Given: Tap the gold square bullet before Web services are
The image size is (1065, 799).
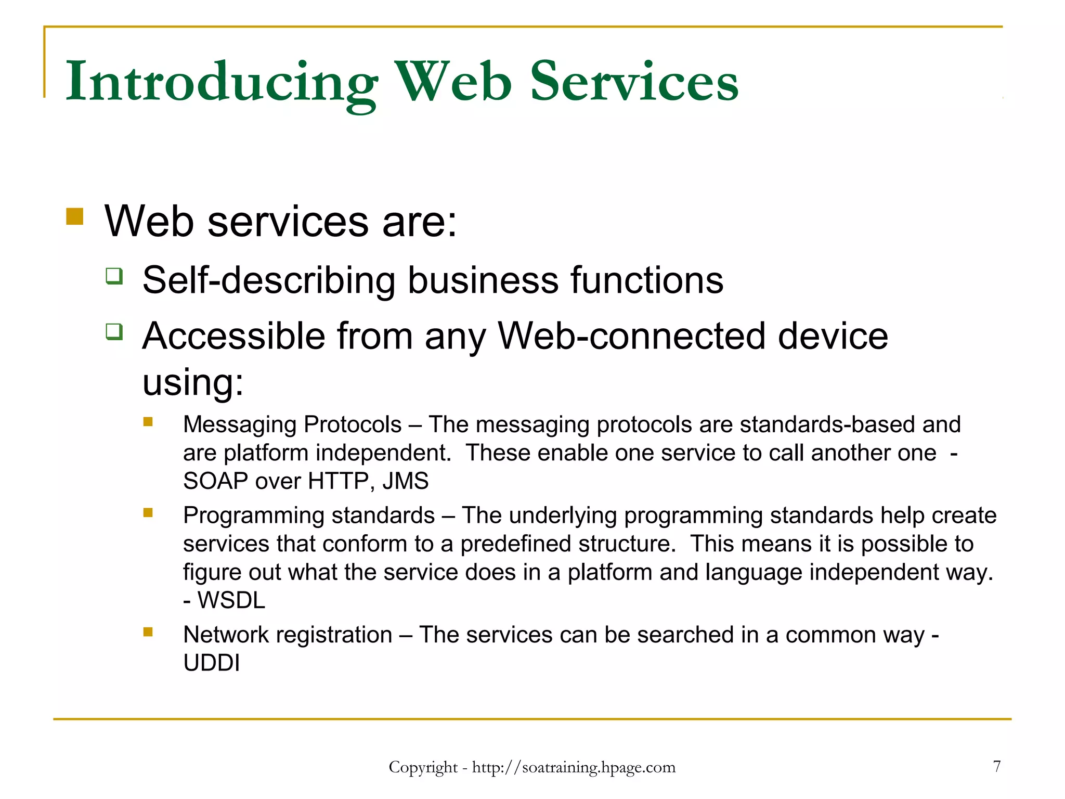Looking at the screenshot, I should [x=75, y=216].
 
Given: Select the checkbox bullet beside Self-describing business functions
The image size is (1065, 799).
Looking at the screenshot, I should [x=114, y=276].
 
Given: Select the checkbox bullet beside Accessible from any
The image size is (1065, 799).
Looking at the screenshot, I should [x=114, y=331].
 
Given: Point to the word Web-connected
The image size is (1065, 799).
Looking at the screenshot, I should [x=631, y=337].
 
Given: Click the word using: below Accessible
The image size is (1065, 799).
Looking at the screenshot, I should [x=193, y=382].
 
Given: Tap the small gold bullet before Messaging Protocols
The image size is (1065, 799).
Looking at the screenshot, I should [x=148, y=422].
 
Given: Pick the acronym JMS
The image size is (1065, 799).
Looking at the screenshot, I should [x=406, y=481].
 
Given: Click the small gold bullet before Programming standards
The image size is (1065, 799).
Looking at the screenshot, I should [x=148, y=513].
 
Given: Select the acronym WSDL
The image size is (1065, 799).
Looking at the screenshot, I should [x=231, y=601].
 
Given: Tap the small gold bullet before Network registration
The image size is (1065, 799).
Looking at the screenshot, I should [x=148, y=632].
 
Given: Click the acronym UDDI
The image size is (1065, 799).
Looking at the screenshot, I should [x=212, y=663].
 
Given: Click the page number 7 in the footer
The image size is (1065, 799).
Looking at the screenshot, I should [x=996, y=766].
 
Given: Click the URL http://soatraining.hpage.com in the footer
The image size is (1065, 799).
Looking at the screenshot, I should [x=574, y=768].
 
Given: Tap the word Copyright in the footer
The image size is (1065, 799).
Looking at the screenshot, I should [x=423, y=768].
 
